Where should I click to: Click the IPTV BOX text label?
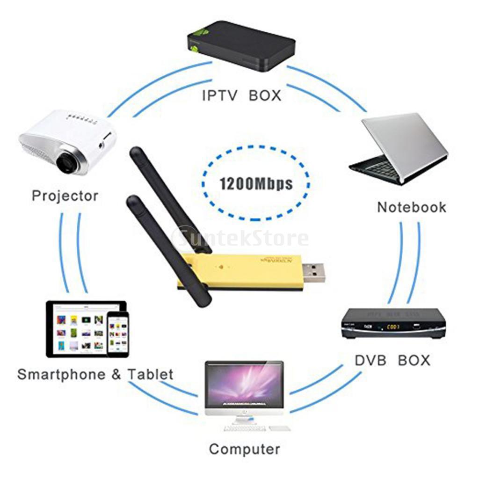(x=241, y=95)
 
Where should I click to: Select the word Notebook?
(x=412, y=207)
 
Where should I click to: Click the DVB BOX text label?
(x=392, y=360)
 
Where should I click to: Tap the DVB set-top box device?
(x=393, y=323)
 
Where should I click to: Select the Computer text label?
(x=244, y=450)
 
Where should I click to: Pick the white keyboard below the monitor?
(x=244, y=428)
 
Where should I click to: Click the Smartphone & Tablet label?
(x=95, y=374)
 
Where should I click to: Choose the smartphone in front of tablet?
(x=117, y=334)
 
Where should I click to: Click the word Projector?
(x=65, y=196)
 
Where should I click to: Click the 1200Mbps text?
(x=256, y=183)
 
